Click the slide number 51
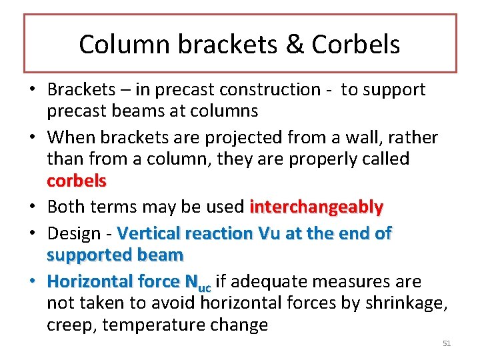[x=447, y=343]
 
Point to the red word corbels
[x=77, y=181]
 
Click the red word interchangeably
[x=317, y=207]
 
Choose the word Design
[x=75, y=233]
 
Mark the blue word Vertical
[x=149, y=233]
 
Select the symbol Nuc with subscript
[x=197, y=283]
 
